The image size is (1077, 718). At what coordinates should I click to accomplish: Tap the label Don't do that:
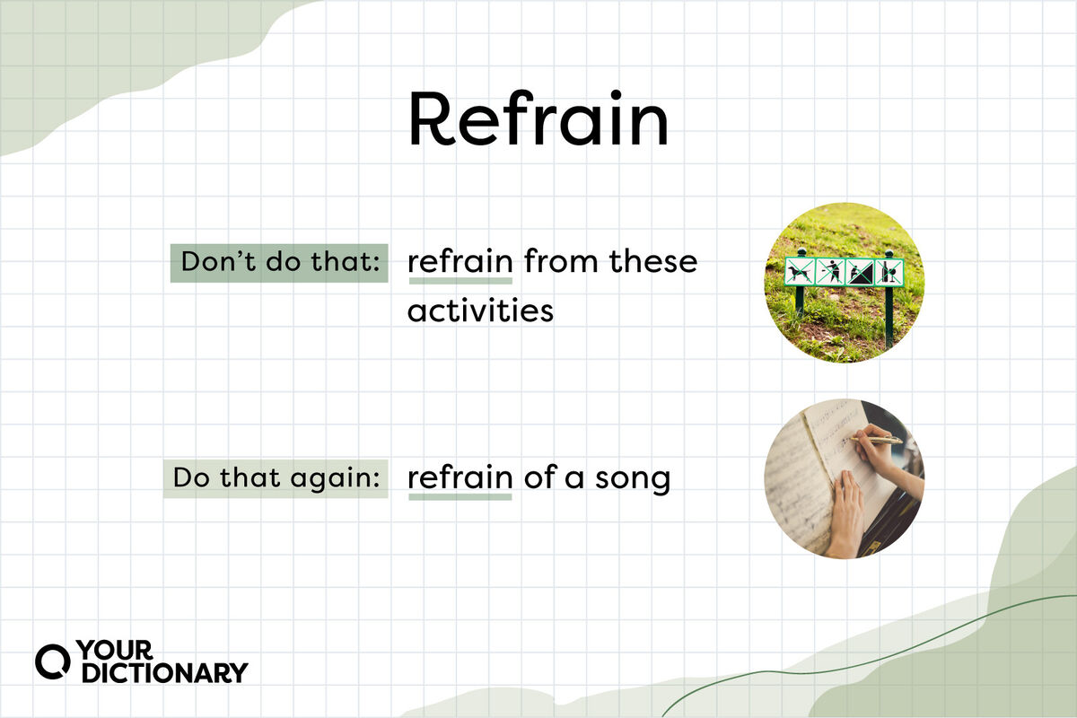[279, 263]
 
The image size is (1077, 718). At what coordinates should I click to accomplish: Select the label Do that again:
[276, 478]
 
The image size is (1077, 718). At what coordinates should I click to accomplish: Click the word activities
[480, 311]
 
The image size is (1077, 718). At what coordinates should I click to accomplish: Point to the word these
[653, 261]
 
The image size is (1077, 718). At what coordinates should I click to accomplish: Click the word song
[633, 479]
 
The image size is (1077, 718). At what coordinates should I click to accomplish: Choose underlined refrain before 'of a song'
[460, 477]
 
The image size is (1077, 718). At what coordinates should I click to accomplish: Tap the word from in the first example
[561, 261]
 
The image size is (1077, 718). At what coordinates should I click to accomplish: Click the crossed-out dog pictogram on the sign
[800, 272]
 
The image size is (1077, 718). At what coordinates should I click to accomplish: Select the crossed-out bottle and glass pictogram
[889, 273]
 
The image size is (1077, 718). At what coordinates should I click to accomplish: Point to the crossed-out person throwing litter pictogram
[830, 272]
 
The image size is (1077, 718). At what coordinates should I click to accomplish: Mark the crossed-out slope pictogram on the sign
[860, 272]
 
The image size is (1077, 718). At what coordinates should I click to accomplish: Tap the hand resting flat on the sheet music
[847, 514]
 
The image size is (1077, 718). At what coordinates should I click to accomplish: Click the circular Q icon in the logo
[53, 661]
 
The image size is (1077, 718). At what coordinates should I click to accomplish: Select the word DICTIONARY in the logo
[165, 672]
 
